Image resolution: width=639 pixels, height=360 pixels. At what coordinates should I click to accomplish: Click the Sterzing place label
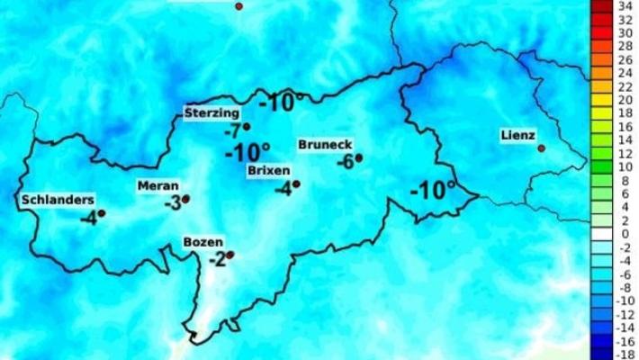tap(212, 112)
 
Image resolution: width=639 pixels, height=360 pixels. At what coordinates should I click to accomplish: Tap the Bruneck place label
tap(324, 144)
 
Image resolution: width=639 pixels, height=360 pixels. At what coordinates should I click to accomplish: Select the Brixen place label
tap(268, 169)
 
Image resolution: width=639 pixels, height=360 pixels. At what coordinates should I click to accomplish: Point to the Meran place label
tap(157, 185)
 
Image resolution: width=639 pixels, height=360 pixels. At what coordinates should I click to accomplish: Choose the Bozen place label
tap(202, 242)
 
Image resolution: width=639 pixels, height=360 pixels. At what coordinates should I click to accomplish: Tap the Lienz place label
tap(517, 136)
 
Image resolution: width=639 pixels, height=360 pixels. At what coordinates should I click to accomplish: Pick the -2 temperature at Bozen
tap(216, 260)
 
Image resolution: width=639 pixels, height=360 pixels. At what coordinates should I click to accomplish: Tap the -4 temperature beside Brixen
tap(283, 189)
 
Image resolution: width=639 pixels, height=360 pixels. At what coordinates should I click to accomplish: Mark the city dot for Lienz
tap(541, 148)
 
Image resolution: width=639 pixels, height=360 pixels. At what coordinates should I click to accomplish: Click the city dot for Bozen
tap(230, 255)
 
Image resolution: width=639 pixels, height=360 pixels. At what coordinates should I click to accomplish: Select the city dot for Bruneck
tap(358, 157)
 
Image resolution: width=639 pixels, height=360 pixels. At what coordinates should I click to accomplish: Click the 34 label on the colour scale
tap(622, 5)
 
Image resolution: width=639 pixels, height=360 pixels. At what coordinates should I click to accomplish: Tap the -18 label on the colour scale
tap(622, 355)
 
